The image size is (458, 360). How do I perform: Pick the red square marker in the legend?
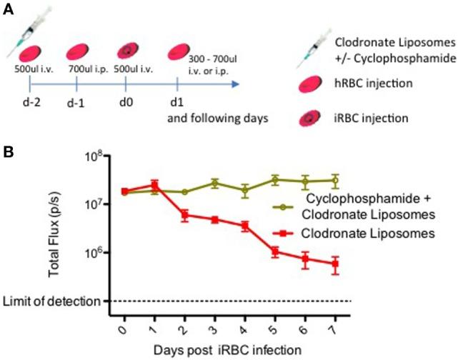[284, 233]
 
